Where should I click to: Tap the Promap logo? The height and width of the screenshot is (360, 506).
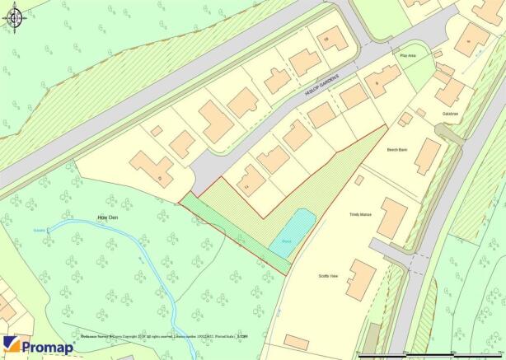(38, 346)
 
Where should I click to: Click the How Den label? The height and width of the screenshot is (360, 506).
(109, 218)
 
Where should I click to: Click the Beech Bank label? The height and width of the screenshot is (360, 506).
(397, 150)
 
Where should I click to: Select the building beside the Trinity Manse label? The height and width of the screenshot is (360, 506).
(392, 217)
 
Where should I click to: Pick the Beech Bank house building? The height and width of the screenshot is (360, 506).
(427, 156)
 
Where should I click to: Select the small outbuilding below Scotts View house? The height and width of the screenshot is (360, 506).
(297, 342)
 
